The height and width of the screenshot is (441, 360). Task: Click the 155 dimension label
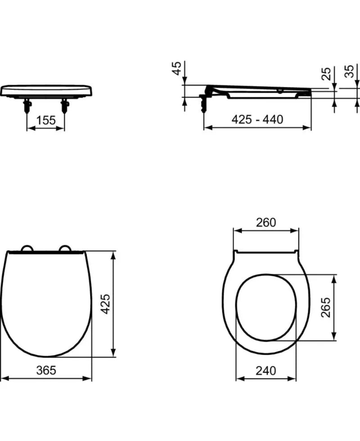(x=46, y=121)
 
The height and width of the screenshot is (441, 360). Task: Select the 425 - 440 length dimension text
(x=257, y=120)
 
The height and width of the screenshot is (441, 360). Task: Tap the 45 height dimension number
(x=176, y=68)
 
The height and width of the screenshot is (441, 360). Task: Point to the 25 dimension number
(x=326, y=74)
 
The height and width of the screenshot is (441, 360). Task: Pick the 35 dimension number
(x=349, y=72)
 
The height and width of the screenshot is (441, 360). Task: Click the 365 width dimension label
(x=46, y=370)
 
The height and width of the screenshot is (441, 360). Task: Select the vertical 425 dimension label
(x=105, y=304)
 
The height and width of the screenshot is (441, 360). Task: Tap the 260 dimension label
(x=266, y=222)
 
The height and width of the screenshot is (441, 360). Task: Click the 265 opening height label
(x=326, y=307)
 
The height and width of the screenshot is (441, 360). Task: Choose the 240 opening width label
(x=266, y=371)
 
